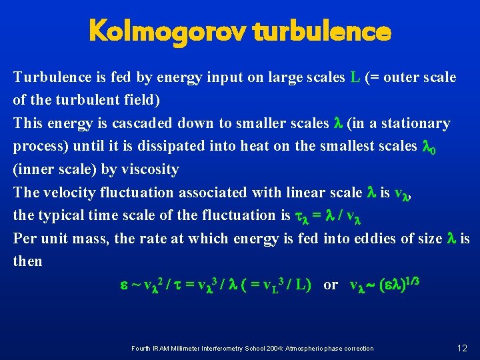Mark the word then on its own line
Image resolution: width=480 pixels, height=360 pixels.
coord(27,261)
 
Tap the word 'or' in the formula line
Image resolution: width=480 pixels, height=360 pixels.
coord(330,285)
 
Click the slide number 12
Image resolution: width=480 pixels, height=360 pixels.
coord(462,347)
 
